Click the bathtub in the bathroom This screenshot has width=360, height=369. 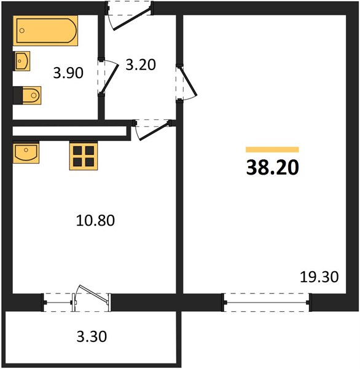45,31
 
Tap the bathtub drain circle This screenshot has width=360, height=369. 22,31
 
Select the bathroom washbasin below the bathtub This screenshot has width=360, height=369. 22,61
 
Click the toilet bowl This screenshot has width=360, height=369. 32,95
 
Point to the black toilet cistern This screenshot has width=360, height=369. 18,95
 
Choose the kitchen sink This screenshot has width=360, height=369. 26,153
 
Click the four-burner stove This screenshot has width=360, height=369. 84,156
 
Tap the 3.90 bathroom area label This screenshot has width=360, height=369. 68,73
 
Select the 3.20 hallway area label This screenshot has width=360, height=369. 141,65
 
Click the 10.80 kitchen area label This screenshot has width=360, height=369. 95,221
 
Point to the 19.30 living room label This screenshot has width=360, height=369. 319,277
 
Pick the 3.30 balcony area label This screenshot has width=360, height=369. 92,336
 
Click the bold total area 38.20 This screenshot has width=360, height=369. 273,167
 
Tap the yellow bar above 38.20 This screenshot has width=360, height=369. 272,149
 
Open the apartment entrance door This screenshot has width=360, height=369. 132,20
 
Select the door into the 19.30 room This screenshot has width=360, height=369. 188,82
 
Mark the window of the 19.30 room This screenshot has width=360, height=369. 267,303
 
